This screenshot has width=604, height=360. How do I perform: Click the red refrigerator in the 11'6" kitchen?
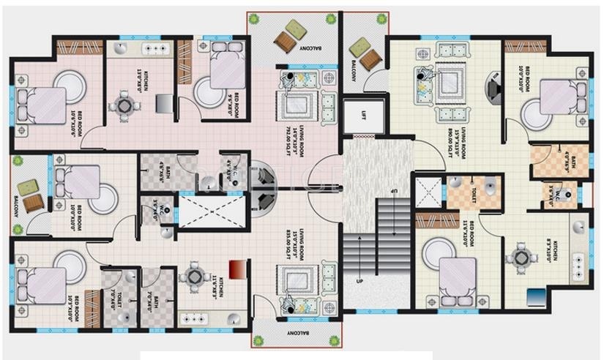coord(236,269)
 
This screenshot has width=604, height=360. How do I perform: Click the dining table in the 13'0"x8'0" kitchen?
coord(130,108)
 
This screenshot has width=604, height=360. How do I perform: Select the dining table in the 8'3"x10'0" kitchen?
coord(523,256)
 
